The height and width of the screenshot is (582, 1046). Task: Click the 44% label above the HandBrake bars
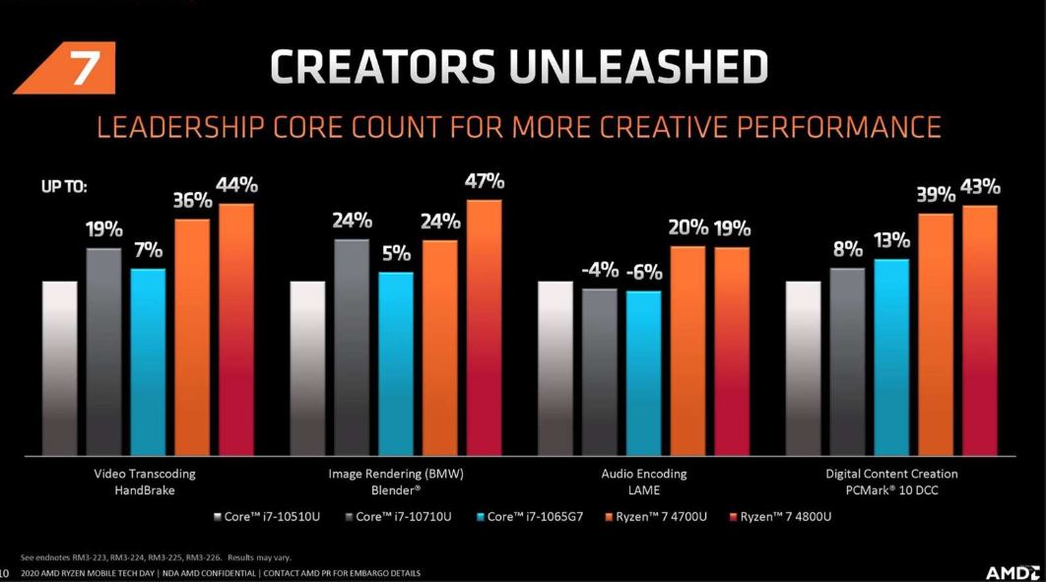click(235, 185)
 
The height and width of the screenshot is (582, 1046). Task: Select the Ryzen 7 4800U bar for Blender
click(484, 325)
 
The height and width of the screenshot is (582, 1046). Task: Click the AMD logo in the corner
click(1013, 571)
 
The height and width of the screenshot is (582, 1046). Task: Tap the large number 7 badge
click(83, 69)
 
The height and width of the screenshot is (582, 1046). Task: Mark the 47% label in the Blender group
click(484, 181)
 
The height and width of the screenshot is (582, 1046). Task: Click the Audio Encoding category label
click(644, 474)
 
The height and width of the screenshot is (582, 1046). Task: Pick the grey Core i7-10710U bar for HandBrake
click(103, 350)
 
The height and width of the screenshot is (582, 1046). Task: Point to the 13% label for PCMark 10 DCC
click(890, 240)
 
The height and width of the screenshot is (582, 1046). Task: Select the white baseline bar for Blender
click(307, 366)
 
